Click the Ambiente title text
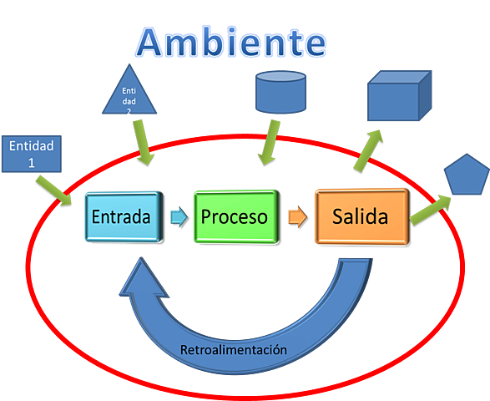(232, 42)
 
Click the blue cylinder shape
(280, 93)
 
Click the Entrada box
(121, 217)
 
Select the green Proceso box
(234, 217)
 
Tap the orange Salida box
(360, 217)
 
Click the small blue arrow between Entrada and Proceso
(177, 217)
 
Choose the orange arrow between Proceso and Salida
(295, 217)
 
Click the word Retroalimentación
(234, 349)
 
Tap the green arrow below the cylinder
(269, 144)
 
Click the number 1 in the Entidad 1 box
(32, 162)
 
